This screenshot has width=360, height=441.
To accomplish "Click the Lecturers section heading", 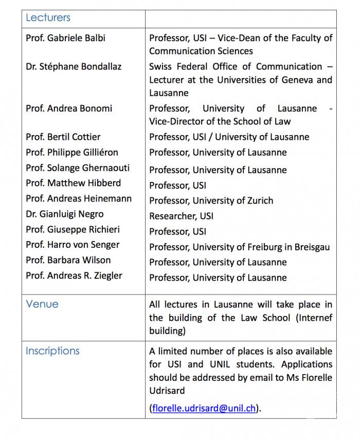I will (48, 18).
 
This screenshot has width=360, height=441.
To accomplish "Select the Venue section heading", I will (42, 304).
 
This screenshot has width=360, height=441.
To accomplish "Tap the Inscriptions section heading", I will (52, 351).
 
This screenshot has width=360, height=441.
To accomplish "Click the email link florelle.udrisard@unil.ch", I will (204, 409).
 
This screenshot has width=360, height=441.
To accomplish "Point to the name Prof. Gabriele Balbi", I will (66, 38).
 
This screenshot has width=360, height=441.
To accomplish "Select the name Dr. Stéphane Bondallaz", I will (74, 66).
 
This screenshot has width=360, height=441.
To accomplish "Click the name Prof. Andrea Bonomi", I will (69, 108).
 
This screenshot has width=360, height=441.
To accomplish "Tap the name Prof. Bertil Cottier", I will (63, 137).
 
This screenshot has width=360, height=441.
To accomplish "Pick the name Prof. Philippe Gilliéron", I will (72, 153).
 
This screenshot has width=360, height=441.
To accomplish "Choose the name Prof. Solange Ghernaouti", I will (78, 168).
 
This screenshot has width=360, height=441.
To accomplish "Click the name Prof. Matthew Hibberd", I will (74, 183).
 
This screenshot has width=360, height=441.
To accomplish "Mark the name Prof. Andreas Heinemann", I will (79, 198).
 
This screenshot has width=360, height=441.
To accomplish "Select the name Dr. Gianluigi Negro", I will (65, 214).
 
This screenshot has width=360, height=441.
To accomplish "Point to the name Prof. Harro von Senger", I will (73, 245).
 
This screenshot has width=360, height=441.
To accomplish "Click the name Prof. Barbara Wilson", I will (68, 260).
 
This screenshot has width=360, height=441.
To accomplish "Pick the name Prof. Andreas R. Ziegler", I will (74, 275).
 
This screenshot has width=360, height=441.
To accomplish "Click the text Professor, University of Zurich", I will (211, 201).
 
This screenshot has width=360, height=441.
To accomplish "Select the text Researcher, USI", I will (181, 216).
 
